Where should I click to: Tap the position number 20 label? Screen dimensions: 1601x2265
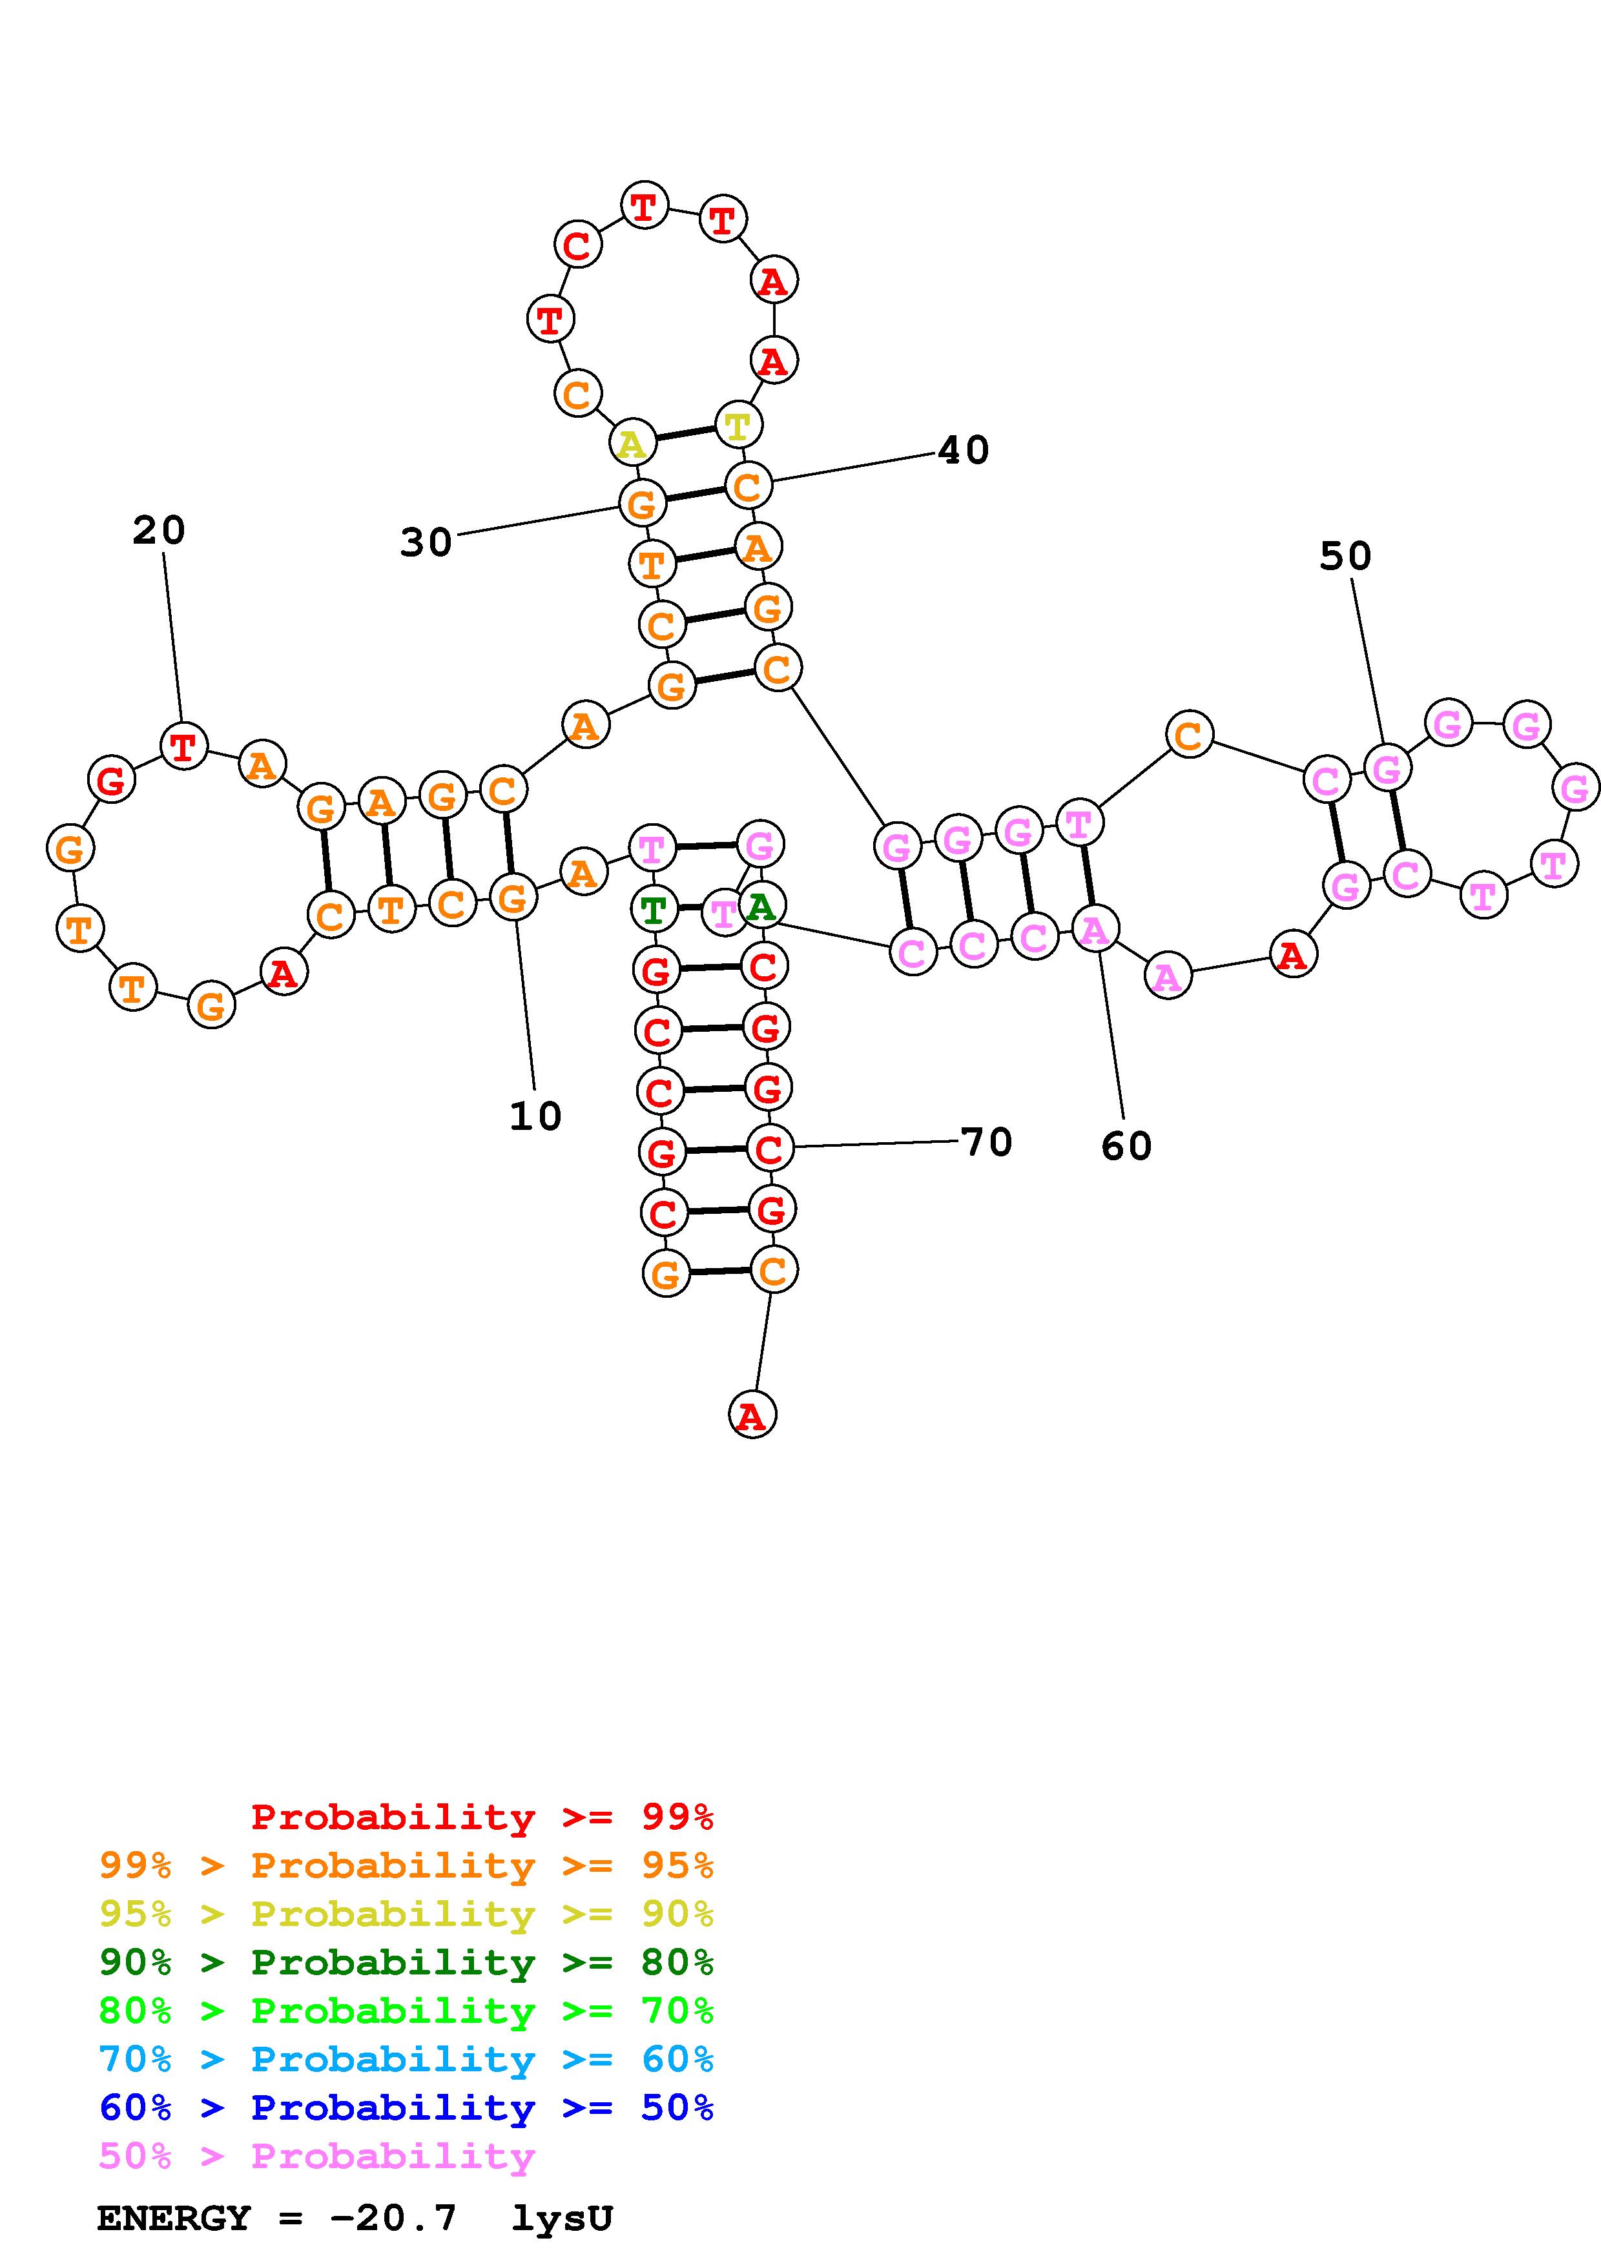click(x=159, y=531)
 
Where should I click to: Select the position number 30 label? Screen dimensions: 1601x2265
click(x=426, y=542)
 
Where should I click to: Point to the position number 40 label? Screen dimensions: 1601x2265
click(x=963, y=451)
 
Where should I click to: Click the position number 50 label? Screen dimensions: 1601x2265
click(x=1345, y=557)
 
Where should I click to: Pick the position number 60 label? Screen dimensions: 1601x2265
click(x=1126, y=1146)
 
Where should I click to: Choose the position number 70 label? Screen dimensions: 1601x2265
click(x=986, y=1142)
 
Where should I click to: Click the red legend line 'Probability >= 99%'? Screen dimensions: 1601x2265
click(x=481, y=1817)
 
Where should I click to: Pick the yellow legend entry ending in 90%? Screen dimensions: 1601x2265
click(x=406, y=1914)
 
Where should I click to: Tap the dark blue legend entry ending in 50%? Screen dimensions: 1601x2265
click(x=406, y=2107)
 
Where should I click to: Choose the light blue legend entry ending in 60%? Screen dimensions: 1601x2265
click(x=406, y=2059)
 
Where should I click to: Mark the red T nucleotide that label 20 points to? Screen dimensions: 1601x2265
click(x=183, y=747)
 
